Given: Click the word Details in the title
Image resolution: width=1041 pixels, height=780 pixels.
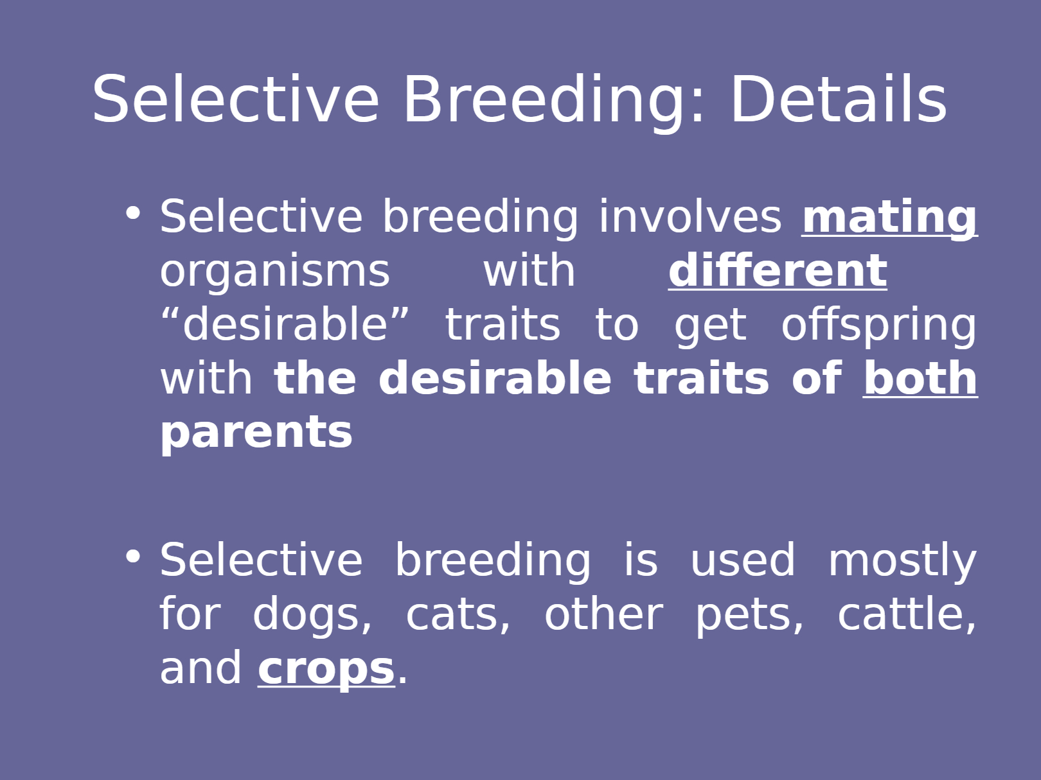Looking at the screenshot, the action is pos(839,99).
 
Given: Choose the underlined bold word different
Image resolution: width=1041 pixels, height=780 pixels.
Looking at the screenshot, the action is pos(778,270).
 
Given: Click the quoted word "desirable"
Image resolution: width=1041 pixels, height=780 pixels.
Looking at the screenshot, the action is pos(285,324).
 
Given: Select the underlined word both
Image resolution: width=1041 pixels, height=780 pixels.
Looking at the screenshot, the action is pos(920,378).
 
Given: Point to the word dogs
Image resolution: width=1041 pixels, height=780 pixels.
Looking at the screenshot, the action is pos(312,614).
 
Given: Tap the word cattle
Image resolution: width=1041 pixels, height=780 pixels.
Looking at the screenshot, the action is pos(907,614).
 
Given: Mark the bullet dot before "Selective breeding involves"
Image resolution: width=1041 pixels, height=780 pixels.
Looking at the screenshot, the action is pos(133,212).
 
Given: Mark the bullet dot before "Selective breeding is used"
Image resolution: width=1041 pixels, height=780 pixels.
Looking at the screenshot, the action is pos(133,557).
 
